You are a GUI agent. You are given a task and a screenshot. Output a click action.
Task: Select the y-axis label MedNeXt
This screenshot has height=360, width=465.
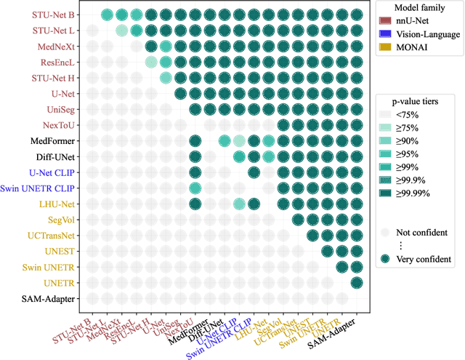click(57, 46)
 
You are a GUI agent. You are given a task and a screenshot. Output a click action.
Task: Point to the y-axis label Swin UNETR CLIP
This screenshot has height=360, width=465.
click(41, 188)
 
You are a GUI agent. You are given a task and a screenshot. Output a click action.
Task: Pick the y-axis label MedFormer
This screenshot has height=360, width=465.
click(51, 140)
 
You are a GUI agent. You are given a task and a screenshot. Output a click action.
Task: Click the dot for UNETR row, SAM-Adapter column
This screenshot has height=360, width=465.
click(356, 282)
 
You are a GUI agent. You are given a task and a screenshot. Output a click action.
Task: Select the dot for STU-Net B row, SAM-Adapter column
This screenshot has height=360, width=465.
click(356, 15)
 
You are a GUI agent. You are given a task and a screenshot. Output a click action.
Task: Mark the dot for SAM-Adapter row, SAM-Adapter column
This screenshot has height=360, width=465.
click(356, 298)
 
